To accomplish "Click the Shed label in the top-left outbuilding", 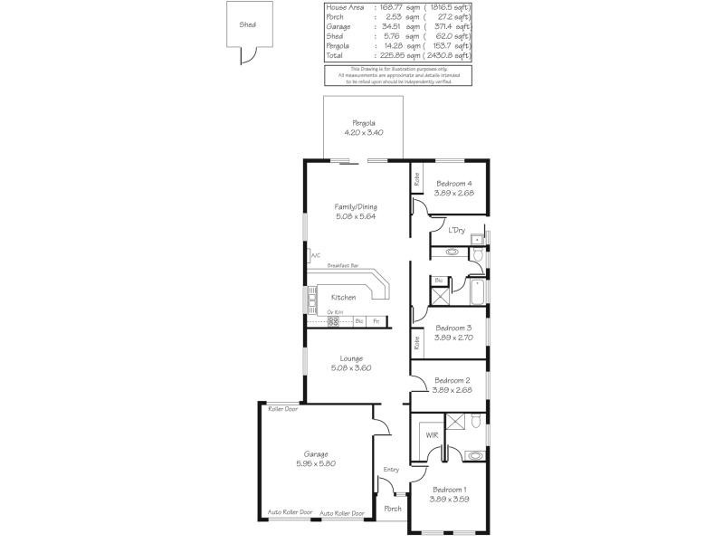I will [247, 25].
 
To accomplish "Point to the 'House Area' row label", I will [344, 7].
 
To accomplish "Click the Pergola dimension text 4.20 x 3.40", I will [365, 133].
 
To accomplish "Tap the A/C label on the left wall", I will [316, 255].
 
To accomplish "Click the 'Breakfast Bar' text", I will [343, 265].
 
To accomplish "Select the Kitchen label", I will [343, 298].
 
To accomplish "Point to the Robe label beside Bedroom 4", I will [417, 181].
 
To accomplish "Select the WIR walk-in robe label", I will [432, 435].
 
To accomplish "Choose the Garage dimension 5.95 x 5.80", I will [316, 463].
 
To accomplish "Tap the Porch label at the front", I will [393, 509].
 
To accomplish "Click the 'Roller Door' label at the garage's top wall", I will [282, 409].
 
